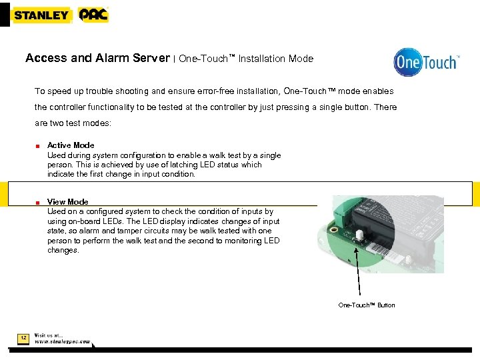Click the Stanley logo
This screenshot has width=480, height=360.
coord(41,15)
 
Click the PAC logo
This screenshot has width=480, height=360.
coord(93,15)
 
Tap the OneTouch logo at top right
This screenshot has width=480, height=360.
coord(426,63)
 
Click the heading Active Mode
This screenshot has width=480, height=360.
coord(71,145)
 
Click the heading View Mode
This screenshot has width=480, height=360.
coord(67,202)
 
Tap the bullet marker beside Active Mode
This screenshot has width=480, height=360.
coord(39,146)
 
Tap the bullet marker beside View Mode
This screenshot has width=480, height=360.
coord(39,203)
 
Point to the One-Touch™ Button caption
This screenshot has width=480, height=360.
coord(366,305)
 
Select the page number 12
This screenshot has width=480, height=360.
coord(23,339)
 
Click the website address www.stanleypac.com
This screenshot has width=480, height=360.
coord(62,341)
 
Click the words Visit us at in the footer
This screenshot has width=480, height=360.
coord(49,335)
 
